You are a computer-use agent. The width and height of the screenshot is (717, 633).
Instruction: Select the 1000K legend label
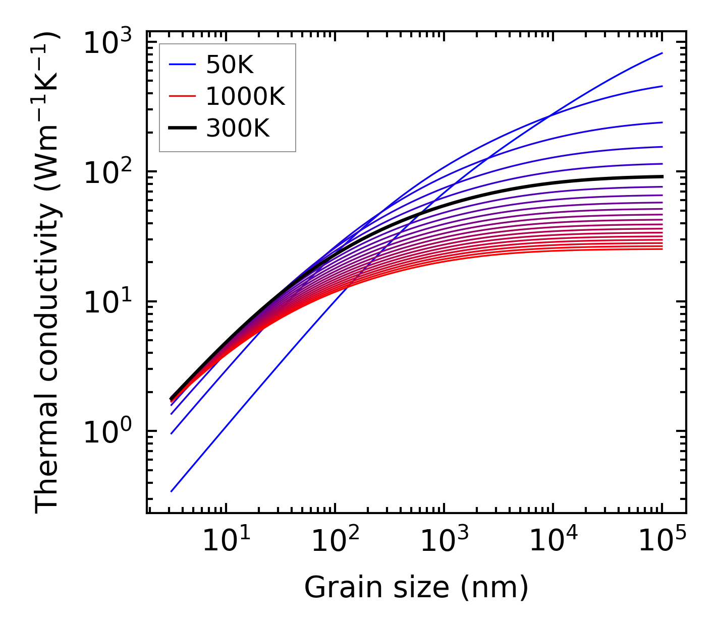245,96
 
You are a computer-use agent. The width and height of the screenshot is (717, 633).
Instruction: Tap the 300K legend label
238,129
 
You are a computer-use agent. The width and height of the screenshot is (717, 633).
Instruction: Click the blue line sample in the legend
182,64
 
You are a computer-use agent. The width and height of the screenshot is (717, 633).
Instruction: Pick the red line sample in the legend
182,96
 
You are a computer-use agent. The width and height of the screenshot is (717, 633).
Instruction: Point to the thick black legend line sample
182,129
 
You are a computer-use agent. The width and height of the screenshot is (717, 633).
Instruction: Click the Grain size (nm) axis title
416,588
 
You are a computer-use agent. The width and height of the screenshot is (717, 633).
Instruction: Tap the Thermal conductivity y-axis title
48,272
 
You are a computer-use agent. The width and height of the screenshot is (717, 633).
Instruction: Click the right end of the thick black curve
661,176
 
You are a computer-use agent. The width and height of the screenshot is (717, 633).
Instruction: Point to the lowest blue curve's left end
172,491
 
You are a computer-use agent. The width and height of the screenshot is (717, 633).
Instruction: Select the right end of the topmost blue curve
661,53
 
